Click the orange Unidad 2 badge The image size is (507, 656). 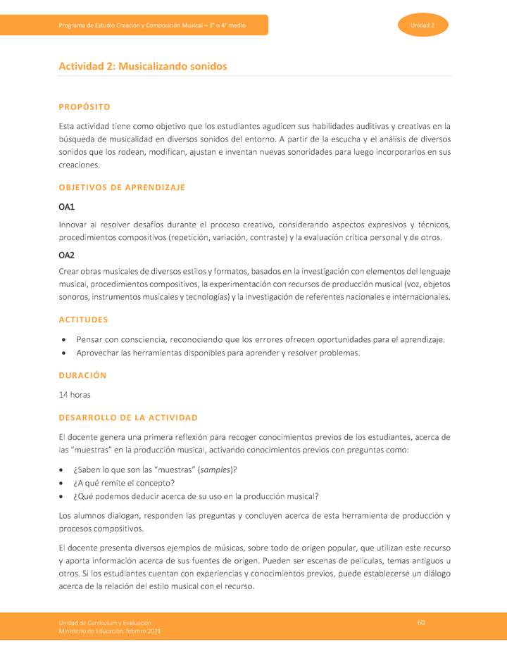[x=423, y=25]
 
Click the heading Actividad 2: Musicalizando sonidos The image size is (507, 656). [x=143, y=66]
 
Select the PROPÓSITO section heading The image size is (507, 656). [x=84, y=107]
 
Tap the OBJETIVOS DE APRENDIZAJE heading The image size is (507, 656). [x=122, y=187]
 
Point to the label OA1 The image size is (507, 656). [x=66, y=207]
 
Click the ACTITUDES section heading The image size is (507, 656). [x=83, y=320]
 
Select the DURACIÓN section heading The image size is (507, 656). [x=82, y=375]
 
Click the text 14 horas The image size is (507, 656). [x=75, y=394]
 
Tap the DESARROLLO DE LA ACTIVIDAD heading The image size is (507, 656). [x=128, y=417]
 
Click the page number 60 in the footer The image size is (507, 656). [x=421, y=622]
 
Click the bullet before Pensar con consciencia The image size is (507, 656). [x=64, y=340]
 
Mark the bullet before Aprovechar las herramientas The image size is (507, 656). [x=64, y=353]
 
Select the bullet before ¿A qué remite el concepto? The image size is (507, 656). [x=64, y=483]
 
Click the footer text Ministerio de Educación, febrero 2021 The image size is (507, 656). [x=110, y=631]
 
